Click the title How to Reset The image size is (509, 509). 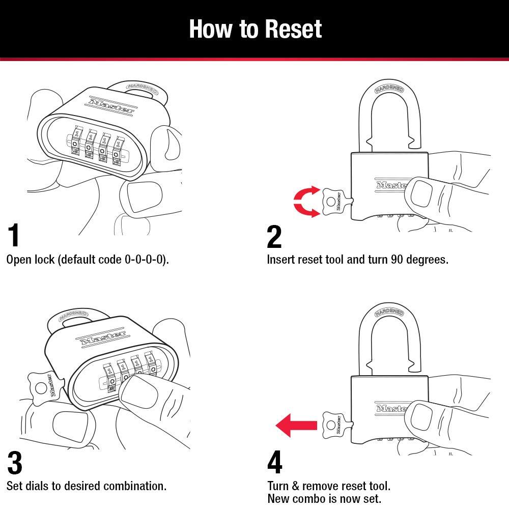coord(255,29)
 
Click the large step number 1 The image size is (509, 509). coord(14,235)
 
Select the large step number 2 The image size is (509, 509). coord(274,236)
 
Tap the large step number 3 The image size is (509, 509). coord(15,463)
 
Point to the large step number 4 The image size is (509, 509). coord(274,463)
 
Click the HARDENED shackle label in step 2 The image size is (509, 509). coord(389,89)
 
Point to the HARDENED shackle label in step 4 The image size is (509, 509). coord(389,312)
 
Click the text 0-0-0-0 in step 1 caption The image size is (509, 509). coord(146,260)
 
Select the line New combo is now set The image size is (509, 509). coord(324,499)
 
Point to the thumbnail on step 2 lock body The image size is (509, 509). coord(421,192)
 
